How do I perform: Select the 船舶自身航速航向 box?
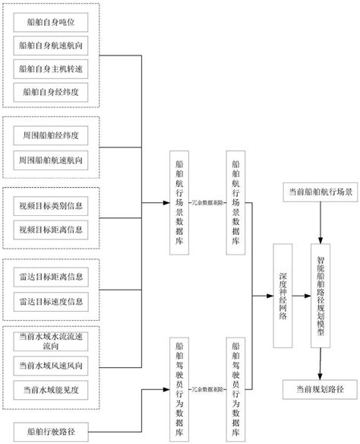(51, 46)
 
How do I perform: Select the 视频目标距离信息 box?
(51, 229)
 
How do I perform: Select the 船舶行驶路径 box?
(51, 433)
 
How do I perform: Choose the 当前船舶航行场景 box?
(318, 193)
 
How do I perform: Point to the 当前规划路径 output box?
(320, 389)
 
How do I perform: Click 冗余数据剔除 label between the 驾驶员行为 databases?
(207, 388)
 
